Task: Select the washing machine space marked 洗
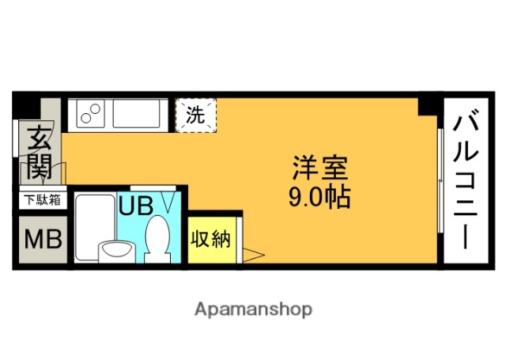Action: (x=194, y=115)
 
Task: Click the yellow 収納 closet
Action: (x=211, y=238)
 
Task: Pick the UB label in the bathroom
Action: (x=135, y=205)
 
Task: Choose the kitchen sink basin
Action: (x=139, y=115)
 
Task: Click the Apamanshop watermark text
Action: (x=253, y=308)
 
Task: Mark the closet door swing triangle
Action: (x=252, y=255)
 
